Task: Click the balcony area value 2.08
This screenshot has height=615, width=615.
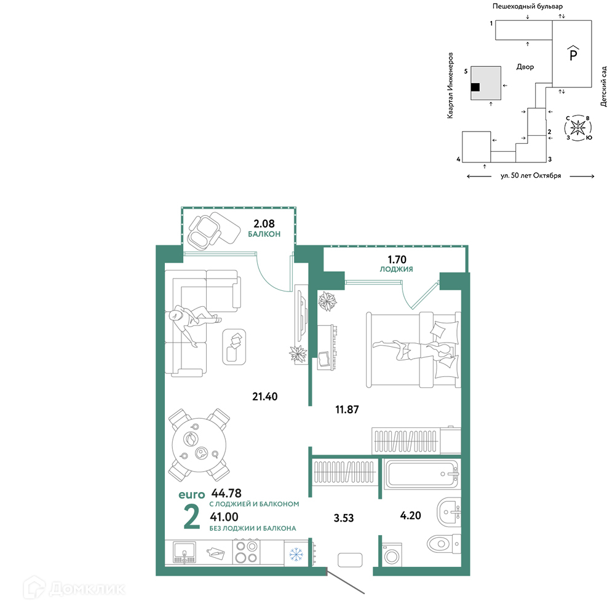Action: point(264,224)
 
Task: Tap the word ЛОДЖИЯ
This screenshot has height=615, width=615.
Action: point(396,269)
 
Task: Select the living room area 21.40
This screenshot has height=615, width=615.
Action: point(264,397)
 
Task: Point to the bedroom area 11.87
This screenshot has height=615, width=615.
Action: point(347,410)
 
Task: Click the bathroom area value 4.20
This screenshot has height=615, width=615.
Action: point(410,515)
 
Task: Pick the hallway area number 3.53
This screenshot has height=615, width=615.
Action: point(344,518)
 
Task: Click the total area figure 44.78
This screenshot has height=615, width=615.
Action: point(226,493)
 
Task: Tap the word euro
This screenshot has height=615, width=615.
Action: point(192,494)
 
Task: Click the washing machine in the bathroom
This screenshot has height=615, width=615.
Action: point(392,554)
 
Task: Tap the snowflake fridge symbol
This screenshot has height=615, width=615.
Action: point(296,554)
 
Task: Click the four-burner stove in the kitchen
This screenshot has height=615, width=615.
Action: point(247,552)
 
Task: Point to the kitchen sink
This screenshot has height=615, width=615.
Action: point(184,552)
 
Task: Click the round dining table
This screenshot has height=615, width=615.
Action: point(199,445)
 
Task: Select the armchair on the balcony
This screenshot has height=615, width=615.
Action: point(204,231)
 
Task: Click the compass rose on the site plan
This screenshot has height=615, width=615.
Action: point(577,128)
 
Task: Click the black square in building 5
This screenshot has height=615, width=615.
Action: point(475,87)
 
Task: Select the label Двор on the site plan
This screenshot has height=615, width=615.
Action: point(525,67)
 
